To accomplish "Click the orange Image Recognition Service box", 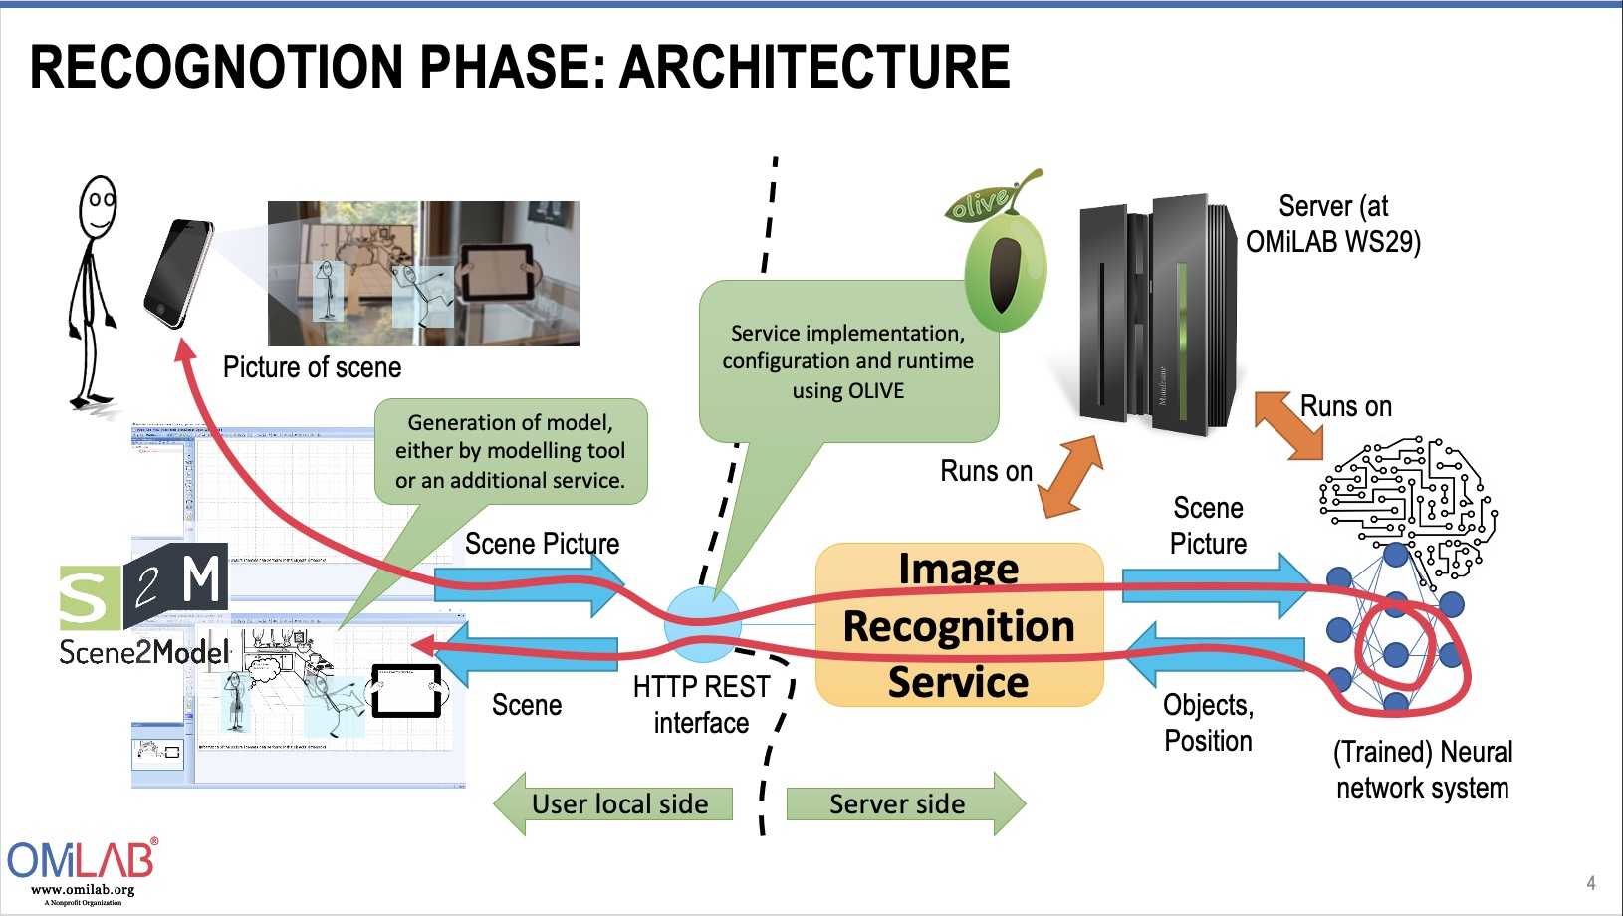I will [959, 625].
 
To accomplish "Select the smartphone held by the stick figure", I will [179, 273].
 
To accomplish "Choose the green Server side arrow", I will [902, 803].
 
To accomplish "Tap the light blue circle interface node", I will [703, 624].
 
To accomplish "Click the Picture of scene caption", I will [312, 367].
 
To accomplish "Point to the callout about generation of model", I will [511, 451].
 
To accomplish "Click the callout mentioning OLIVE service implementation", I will [847, 361].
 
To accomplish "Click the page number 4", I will [1590, 883].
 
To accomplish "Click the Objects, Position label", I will [1208, 722].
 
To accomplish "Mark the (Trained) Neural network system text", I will [1422, 769].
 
